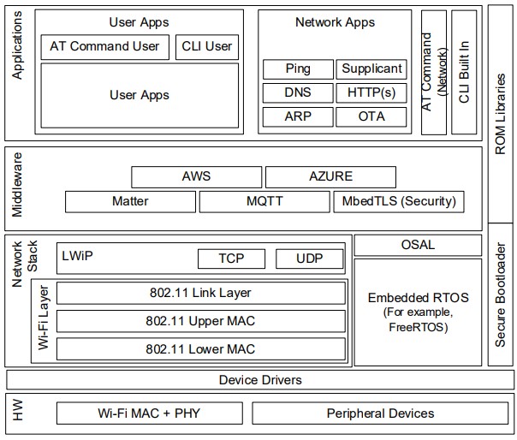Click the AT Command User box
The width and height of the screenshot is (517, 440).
104,46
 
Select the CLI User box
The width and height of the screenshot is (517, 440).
206,46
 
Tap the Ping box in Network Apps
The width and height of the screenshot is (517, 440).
298,68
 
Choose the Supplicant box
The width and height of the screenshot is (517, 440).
371,68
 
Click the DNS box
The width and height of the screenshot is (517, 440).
298,92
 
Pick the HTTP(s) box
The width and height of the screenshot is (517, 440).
371,92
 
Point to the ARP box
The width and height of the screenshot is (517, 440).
298,116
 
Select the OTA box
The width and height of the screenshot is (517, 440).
371,116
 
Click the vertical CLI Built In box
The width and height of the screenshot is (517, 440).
464,72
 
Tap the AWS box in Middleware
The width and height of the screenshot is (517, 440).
196,176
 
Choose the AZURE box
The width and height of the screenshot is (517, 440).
330,176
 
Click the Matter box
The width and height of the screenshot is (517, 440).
130,201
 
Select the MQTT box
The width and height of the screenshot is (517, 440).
264,201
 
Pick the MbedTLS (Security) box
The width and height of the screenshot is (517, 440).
399,201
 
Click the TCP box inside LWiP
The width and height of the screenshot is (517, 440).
231,259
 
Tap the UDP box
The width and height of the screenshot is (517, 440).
309,259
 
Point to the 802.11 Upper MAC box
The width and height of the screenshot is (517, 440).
200,321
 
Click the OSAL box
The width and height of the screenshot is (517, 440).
418,245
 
